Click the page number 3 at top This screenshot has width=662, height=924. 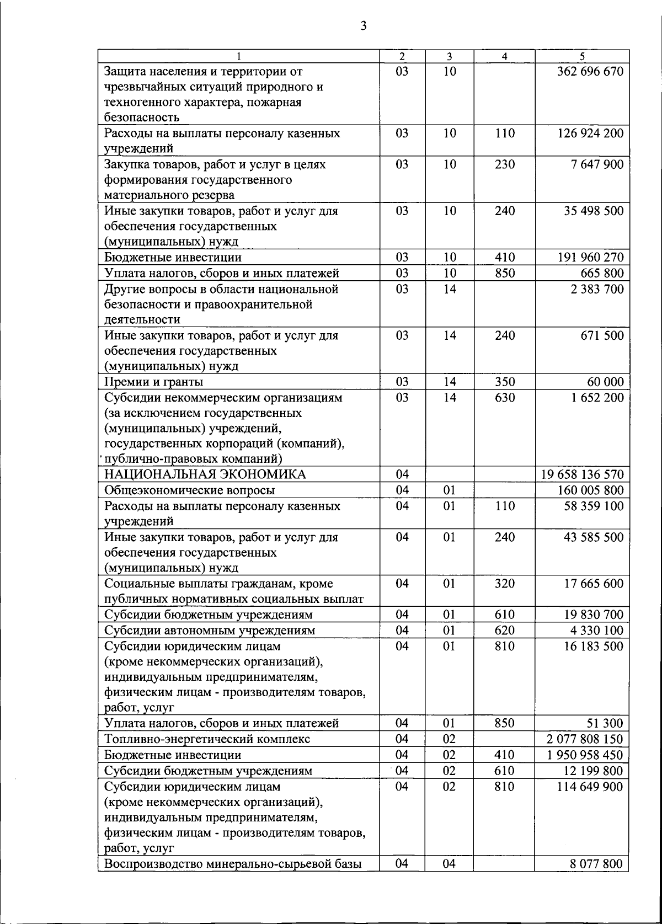[x=363, y=26]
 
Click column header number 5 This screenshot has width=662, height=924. [x=582, y=56]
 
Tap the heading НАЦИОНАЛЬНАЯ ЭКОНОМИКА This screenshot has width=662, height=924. [x=205, y=475]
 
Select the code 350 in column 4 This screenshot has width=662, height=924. [x=504, y=382]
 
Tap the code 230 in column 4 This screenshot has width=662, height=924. [x=504, y=165]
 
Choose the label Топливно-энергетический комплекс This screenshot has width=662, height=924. [x=207, y=739]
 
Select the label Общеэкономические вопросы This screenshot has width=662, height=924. [x=190, y=490]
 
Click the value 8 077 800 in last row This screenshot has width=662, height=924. [x=596, y=864]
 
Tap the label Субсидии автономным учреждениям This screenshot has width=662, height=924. [x=210, y=631]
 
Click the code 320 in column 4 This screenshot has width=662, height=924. [x=504, y=584]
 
